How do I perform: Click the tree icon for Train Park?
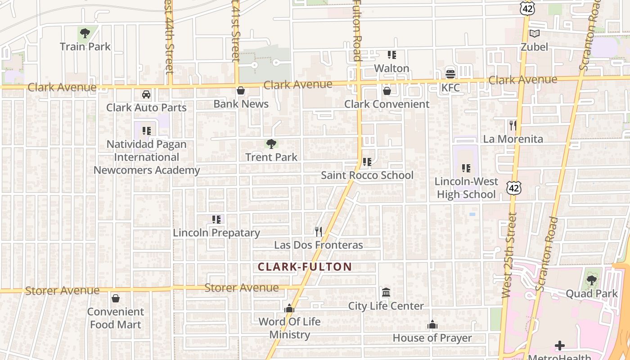click(x=85, y=33)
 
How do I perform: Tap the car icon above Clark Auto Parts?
click(x=146, y=94)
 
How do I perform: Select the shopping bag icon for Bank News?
click(x=241, y=91)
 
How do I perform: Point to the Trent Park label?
click(x=271, y=157)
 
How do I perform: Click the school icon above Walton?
click(x=392, y=55)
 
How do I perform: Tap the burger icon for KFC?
click(x=450, y=74)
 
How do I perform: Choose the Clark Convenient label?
click(x=387, y=104)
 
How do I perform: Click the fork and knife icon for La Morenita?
click(x=513, y=125)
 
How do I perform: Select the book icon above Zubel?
click(x=535, y=34)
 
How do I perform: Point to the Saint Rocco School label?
click(x=367, y=175)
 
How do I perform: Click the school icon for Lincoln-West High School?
click(x=466, y=168)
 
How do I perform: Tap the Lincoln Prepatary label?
click(x=216, y=233)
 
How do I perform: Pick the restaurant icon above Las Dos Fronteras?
click(x=319, y=231)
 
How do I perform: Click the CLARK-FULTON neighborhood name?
click(x=305, y=266)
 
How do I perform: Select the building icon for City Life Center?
click(x=386, y=293)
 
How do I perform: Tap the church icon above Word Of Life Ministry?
click(x=289, y=309)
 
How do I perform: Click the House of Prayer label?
click(x=432, y=337)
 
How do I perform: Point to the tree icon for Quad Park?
click(x=591, y=280)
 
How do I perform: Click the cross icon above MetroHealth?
click(x=560, y=346)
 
